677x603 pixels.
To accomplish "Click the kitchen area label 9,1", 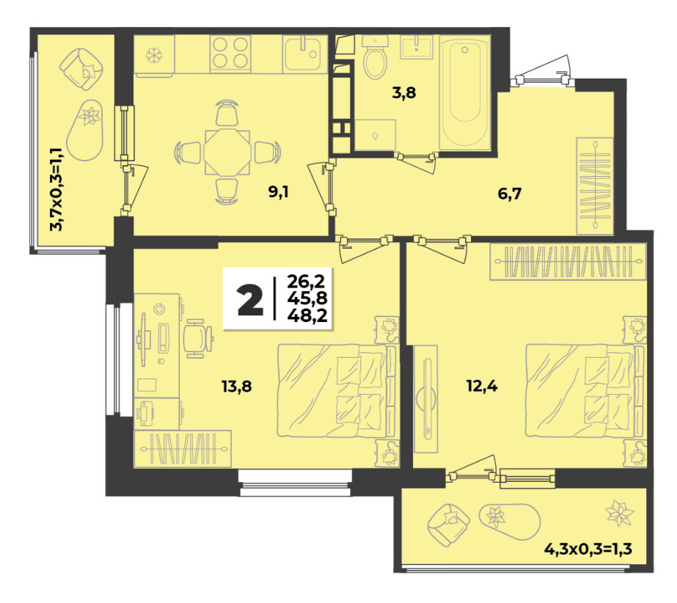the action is pyautogui.click(x=279, y=191).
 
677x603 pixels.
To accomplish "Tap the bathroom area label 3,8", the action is pyautogui.click(x=403, y=92).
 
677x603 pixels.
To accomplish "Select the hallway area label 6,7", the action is pyautogui.click(x=510, y=194).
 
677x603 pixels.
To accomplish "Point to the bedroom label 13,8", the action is pyautogui.click(x=237, y=386).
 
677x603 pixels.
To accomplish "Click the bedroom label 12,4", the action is pyautogui.click(x=482, y=385).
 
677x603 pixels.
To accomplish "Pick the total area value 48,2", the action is pyautogui.click(x=307, y=315).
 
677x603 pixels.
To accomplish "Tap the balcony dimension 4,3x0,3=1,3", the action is pyautogui.click(x=588, y=549).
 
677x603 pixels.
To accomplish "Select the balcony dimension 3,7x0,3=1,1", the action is pyautogui.click(x=56, y=189).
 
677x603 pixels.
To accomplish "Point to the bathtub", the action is pyautogui.click(x=464, y=92).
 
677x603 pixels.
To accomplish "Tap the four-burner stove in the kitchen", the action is pyautogui.click(x=230, y=54).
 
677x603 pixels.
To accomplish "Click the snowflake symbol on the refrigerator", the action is pyautogui.click(x=154, y=55).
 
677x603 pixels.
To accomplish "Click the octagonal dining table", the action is pyautogui.click(x=227, y=152).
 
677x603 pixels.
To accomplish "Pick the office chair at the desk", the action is pyautogui.click(x=198, y=338).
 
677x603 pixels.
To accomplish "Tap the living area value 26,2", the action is pyautogui.click(x=306, y=281).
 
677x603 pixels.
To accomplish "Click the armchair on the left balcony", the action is pyautogui.click(x=81, y=69).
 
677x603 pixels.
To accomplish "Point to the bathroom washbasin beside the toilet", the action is pyautogui.click(x=416, y=47).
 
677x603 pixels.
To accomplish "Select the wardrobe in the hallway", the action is pyautogui.click(x=595, y=186).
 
